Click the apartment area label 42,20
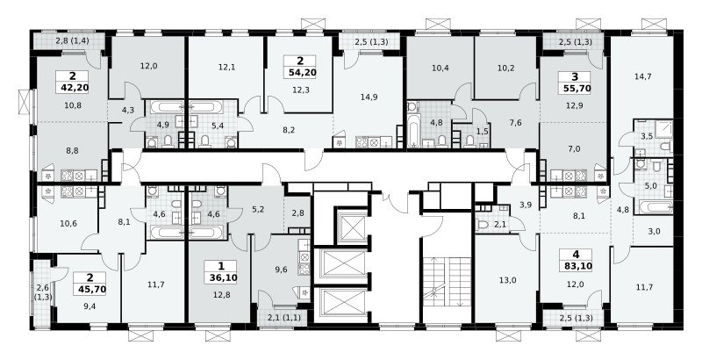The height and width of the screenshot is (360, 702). pyautogui.click(x=73, y=87)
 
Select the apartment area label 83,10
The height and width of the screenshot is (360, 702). pyautogui.click(x=576, y=266)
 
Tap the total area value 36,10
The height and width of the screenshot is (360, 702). pyautogui.click(x=224, y=277)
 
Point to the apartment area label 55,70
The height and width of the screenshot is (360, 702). pyautogui.click(x=576, y=89)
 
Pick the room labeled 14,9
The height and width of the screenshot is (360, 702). pyautogui.click(x=365, y=97)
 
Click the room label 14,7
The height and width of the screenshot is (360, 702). pyautogui.click(x=643, y=76)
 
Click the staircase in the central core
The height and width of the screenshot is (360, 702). pyautogui.click(x=447, y=282)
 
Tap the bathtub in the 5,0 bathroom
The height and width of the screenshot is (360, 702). pyautogui.click(x=655, y=208)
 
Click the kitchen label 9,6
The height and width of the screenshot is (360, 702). pyautogui.click(x=280, y=270)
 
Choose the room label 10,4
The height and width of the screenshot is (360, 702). pyautogui.click(x=441, y=68)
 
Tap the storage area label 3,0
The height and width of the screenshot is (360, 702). pyautogui.click(x=653, y=232)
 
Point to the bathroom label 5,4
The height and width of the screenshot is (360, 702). pyautogui.click(x=218, y=126)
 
